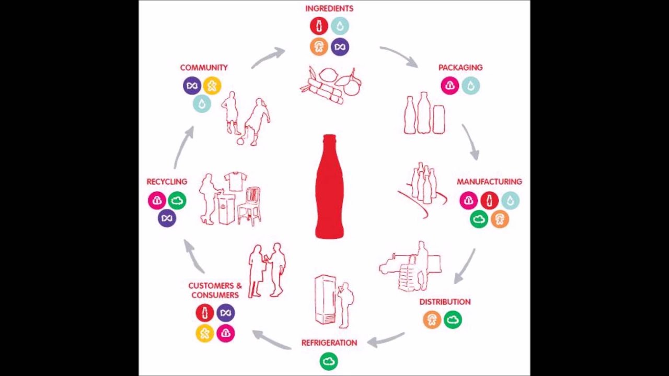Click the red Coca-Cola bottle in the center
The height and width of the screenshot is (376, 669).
(x=330, y=188)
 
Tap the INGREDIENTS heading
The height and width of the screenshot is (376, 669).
(x=329, y=8)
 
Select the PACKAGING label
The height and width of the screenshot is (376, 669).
(x=460, y=67)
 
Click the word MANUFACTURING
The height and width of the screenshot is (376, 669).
(x=489, y=182)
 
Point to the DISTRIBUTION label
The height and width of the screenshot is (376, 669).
(x=445, y=302)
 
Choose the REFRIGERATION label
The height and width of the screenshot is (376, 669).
(x=329, y=343)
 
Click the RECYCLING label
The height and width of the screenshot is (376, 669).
(x=167, y=182)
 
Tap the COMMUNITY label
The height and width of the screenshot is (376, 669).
(x=204, y=67)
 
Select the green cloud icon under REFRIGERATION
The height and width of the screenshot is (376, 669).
(x=329, y=361)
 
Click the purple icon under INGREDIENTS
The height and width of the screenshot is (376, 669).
(x=340, y=46)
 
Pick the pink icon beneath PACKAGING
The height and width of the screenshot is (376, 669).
(x=449, y=86)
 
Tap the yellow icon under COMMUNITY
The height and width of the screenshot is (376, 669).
(x=212, y=86)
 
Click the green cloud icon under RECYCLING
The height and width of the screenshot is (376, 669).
(x=177, y=200)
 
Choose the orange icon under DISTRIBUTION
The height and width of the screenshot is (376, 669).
(x=432, y=320)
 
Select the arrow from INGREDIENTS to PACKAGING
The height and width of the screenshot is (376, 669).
(x=399, y=56)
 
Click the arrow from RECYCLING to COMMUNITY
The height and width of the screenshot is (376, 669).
(x=183, y=147)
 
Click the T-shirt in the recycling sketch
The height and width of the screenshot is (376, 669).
(x=235, y=181)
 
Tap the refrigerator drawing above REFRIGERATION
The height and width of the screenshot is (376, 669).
(x=325, y=299)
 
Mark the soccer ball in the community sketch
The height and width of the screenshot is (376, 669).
(x=240, y=140)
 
